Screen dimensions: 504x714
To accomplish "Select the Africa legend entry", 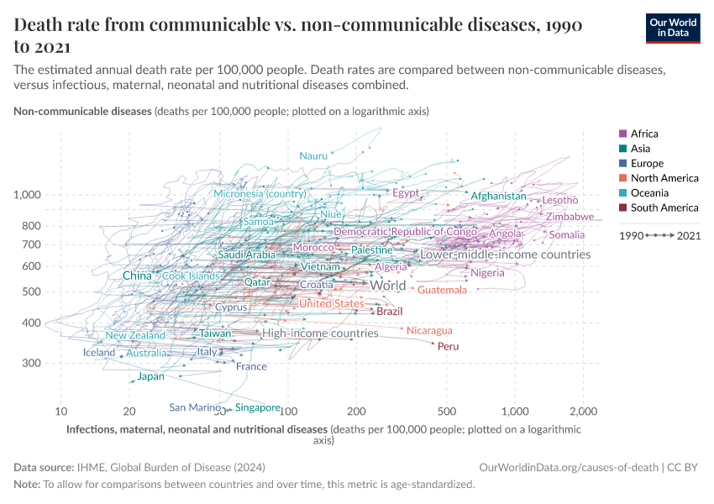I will click(644, 134).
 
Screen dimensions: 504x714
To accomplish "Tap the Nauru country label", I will click(313, 156).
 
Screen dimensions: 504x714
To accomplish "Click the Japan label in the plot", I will click(151, 376).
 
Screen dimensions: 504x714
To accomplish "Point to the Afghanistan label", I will click(498, 197).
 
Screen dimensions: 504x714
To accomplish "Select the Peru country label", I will click(448, 346).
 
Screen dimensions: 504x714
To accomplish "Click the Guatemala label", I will click(442, 290).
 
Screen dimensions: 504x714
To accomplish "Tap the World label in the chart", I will click(388, 286).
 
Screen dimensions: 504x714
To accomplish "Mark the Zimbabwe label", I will click(570, 217).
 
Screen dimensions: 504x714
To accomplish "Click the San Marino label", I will click(195, 407).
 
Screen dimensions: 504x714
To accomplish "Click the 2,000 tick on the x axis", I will click(582, 412).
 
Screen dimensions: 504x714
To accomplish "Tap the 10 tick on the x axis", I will click(61, 412).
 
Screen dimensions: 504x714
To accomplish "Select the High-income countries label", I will click(320, 333).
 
